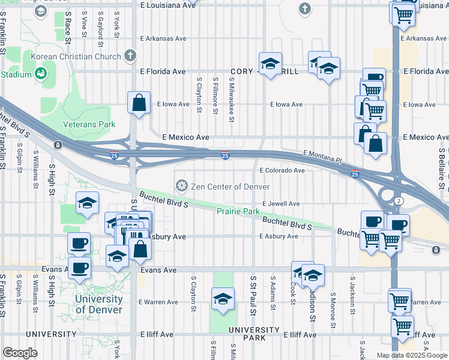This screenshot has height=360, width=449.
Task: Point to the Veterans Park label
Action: point(89,125)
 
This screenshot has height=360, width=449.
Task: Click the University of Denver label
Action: point(99,304)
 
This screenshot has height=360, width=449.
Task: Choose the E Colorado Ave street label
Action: point(282,170)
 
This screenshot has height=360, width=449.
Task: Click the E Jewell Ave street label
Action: point(280,204)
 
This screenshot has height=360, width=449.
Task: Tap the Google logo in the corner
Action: point(20,353)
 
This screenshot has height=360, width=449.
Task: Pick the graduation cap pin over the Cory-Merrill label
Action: point(271,63)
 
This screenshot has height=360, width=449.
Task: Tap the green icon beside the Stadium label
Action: point(41,74)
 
